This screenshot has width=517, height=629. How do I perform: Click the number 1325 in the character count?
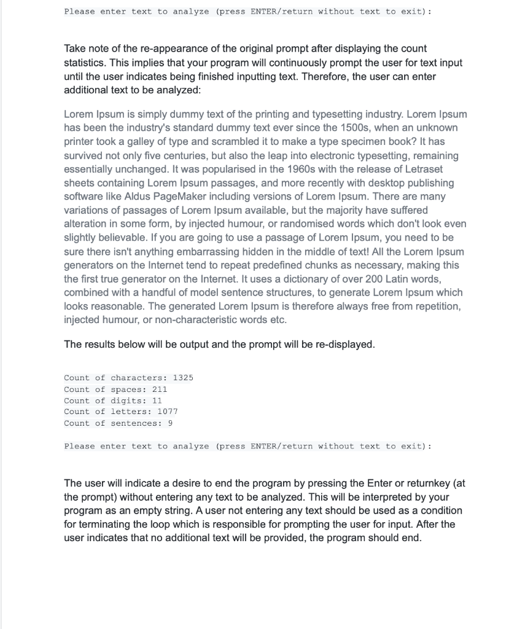click(183, 378)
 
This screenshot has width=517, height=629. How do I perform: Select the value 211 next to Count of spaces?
click(160, 389)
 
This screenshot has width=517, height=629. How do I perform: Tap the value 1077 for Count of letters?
click(168, 412)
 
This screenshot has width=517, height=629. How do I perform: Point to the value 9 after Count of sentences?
click(170, 423)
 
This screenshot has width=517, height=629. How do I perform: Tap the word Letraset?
click(424, 169)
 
